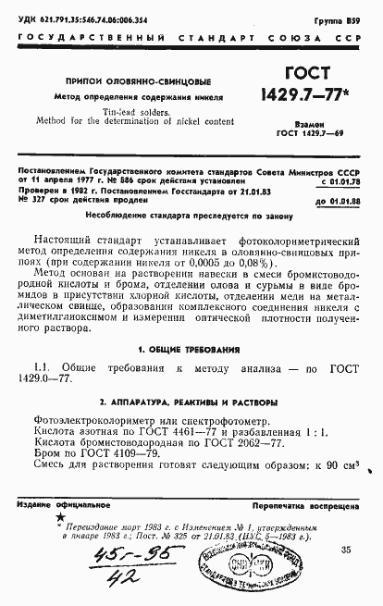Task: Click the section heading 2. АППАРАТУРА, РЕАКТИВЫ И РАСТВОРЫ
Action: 189,403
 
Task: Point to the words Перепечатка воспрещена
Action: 315,507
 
